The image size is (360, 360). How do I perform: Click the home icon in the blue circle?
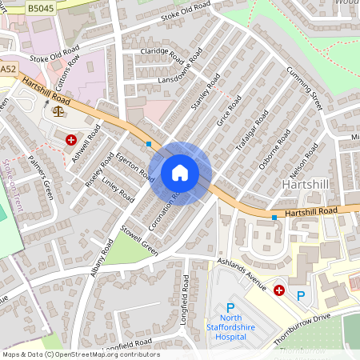[x=180, y=173]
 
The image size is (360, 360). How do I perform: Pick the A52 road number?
[x=8, y=70]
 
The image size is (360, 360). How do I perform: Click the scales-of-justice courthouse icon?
[x=57, y=110]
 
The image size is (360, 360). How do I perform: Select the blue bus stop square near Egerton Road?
[x=149, y=144]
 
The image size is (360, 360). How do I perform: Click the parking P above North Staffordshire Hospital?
[x=231, y=307]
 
